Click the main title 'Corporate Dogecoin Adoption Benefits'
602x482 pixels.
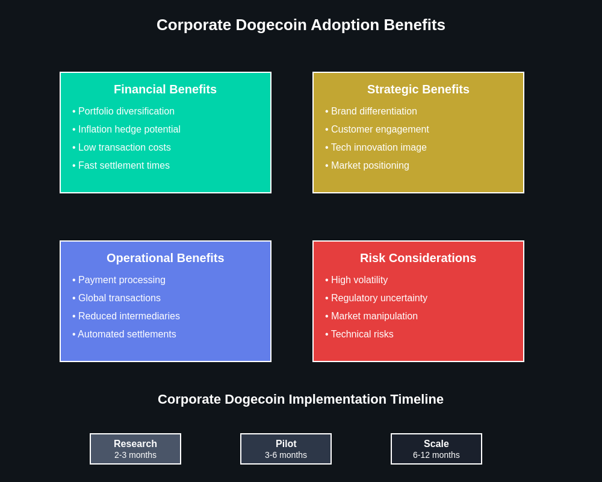pos(301,25)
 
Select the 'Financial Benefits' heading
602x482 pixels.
pos(165,89)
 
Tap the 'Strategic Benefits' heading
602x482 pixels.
pos(418,89)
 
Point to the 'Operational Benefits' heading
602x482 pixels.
pos(165,258)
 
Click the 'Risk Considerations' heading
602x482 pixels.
pos(418,258)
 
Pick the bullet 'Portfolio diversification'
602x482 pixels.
pos(126,111)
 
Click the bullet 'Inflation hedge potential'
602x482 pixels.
pos(129,130)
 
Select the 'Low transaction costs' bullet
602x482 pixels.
pos(124,148)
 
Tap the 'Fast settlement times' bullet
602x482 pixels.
pos(123,166)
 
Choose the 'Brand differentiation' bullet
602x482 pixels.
pos(373,111)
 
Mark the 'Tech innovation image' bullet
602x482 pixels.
pos(378,148)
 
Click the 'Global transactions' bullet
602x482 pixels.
pos(119,298)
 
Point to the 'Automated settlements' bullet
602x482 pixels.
pos(126,334)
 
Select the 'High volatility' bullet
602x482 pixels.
pos(359,280)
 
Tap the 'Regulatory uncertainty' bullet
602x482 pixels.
pos(379,298)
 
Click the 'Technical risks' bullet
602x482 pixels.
pos(362,334)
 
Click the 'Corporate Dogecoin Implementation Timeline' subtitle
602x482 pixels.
pos(300,399)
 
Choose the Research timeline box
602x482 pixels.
pos(135,449)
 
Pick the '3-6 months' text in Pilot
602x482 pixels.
pos(286,455)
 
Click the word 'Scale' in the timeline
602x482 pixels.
pos(436,444)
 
